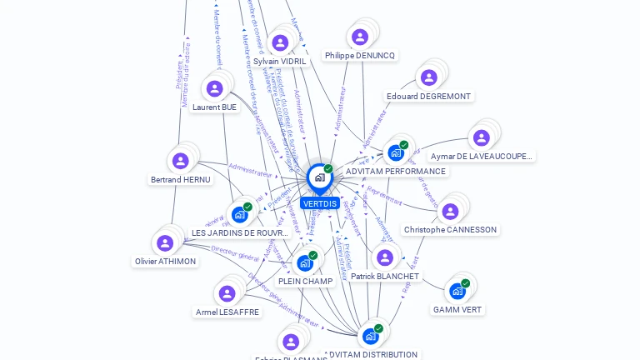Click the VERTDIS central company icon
click(319, 177)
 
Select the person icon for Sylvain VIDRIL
click(280, 42)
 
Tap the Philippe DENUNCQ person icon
click(360, 37)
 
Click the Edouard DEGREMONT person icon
click(428, 77)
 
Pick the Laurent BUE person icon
click(215, 88)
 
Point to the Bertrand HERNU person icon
click(180, 161)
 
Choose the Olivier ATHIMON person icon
click(165, 242)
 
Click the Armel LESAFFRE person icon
click(227, 293)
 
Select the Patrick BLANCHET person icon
click(384, 257)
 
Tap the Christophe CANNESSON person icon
click(450, 212)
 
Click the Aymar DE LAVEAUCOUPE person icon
click(481, 137)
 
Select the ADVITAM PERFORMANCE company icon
click(395, 152)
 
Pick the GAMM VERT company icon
click(457, 291)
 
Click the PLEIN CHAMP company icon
click(305, 263)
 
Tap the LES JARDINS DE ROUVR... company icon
click(239, 214)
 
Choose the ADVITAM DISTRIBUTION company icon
click(369, 337)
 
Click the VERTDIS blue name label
click(320, 203)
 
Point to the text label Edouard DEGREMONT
click(428, 97)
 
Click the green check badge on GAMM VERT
click(465, 283)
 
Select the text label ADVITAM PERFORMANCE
click(396, 172)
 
